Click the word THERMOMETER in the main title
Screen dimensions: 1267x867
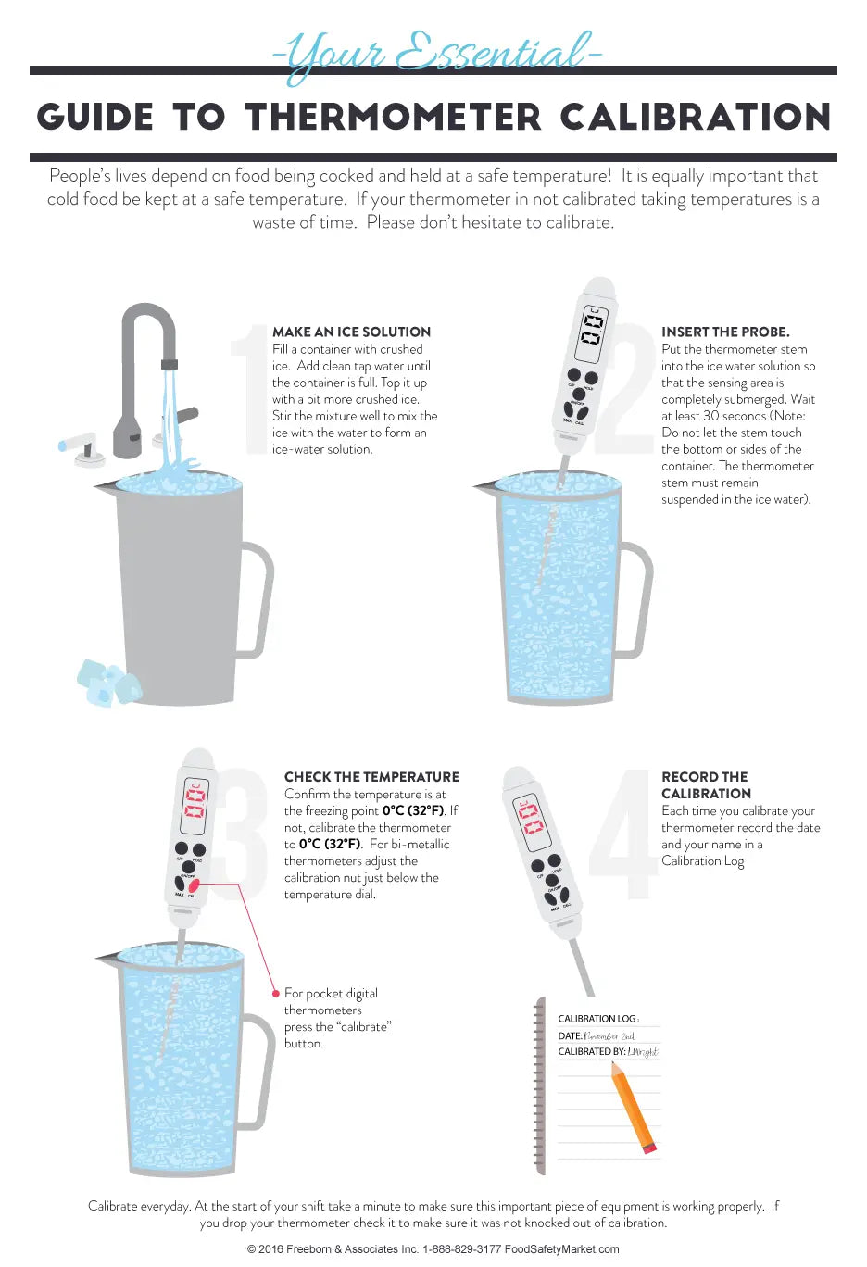coord(394,118)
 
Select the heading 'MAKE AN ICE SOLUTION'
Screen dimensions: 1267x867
coord(351,332)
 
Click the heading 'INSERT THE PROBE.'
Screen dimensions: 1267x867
coord(725,332)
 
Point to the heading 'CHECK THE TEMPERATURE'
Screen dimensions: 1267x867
coord(371,777)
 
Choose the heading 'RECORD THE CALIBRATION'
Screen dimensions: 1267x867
coord(705,785)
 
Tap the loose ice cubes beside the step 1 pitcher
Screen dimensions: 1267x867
coord(107,683)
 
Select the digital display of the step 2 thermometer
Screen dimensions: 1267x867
coord(592,331)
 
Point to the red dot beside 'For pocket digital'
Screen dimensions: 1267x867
coord(276,993)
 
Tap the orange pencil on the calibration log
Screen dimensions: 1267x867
coord(635,1107)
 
